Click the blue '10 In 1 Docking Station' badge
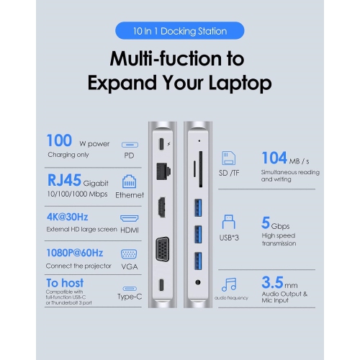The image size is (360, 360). [180, 31]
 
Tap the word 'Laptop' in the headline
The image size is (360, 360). [240, 84]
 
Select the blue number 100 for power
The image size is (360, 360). [59, 140]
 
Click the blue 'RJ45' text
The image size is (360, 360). [64, 180]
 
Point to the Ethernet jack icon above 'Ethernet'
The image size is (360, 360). [129, 181]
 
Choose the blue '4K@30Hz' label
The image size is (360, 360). [67, 217]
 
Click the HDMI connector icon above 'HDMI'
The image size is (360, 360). [129, 218]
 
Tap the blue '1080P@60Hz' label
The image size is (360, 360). [75, 253]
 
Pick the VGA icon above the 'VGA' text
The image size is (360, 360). [129, 254]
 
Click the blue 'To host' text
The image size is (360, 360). [65, 283]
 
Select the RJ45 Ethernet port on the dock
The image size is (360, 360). [163, 171]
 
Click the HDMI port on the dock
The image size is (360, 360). [162, 207]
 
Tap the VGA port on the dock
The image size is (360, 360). [163, 249]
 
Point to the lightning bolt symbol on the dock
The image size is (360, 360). [168, 144]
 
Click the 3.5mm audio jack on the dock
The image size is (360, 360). [198, 282]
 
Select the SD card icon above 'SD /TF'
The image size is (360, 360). [229, 158]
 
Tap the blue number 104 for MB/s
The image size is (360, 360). [274, 158]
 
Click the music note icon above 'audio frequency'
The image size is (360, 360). [229, 284]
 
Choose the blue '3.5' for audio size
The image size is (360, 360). [272, 282]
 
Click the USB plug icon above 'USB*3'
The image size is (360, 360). [229, 222]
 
